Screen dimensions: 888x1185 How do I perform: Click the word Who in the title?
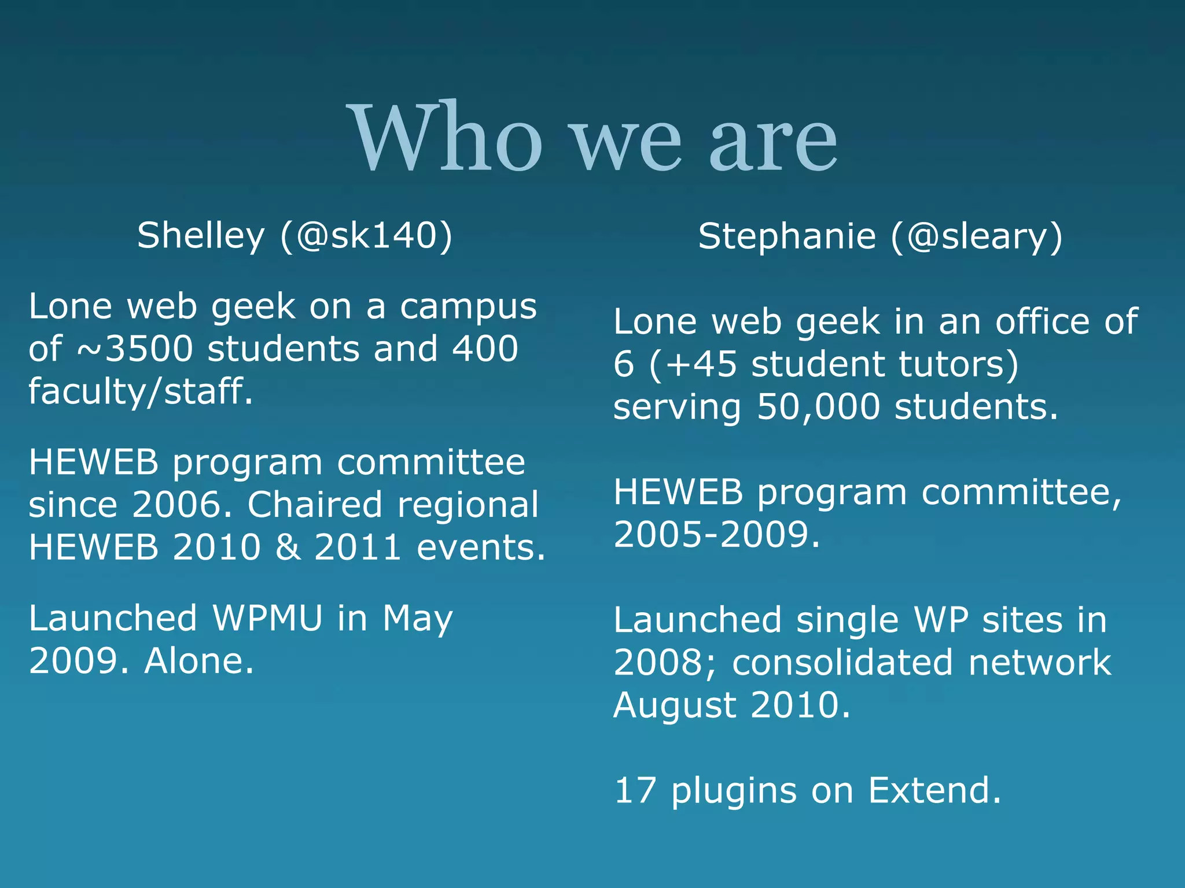pos(446,139)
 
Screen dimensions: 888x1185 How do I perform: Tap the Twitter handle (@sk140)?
pos(366,236)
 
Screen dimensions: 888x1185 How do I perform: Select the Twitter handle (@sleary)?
pos(977,237)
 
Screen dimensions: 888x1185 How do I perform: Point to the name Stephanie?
pos(787,237)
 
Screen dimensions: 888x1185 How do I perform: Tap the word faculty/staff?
pos(141,391)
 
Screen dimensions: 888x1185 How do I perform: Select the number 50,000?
pos(818,406)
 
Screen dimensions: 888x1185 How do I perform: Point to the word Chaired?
pos(315,505)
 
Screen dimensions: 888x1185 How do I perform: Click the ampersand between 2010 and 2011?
pos(288,547)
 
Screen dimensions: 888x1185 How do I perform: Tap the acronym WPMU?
pos(267,618)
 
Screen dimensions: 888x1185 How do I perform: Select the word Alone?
pos(199,660)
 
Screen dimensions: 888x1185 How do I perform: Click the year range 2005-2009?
pos(716,534)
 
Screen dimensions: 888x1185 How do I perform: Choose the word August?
pos(674,705)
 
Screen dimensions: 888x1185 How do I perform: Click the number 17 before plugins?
pos(635,790)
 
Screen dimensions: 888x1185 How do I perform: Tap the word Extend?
pos(934,790)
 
